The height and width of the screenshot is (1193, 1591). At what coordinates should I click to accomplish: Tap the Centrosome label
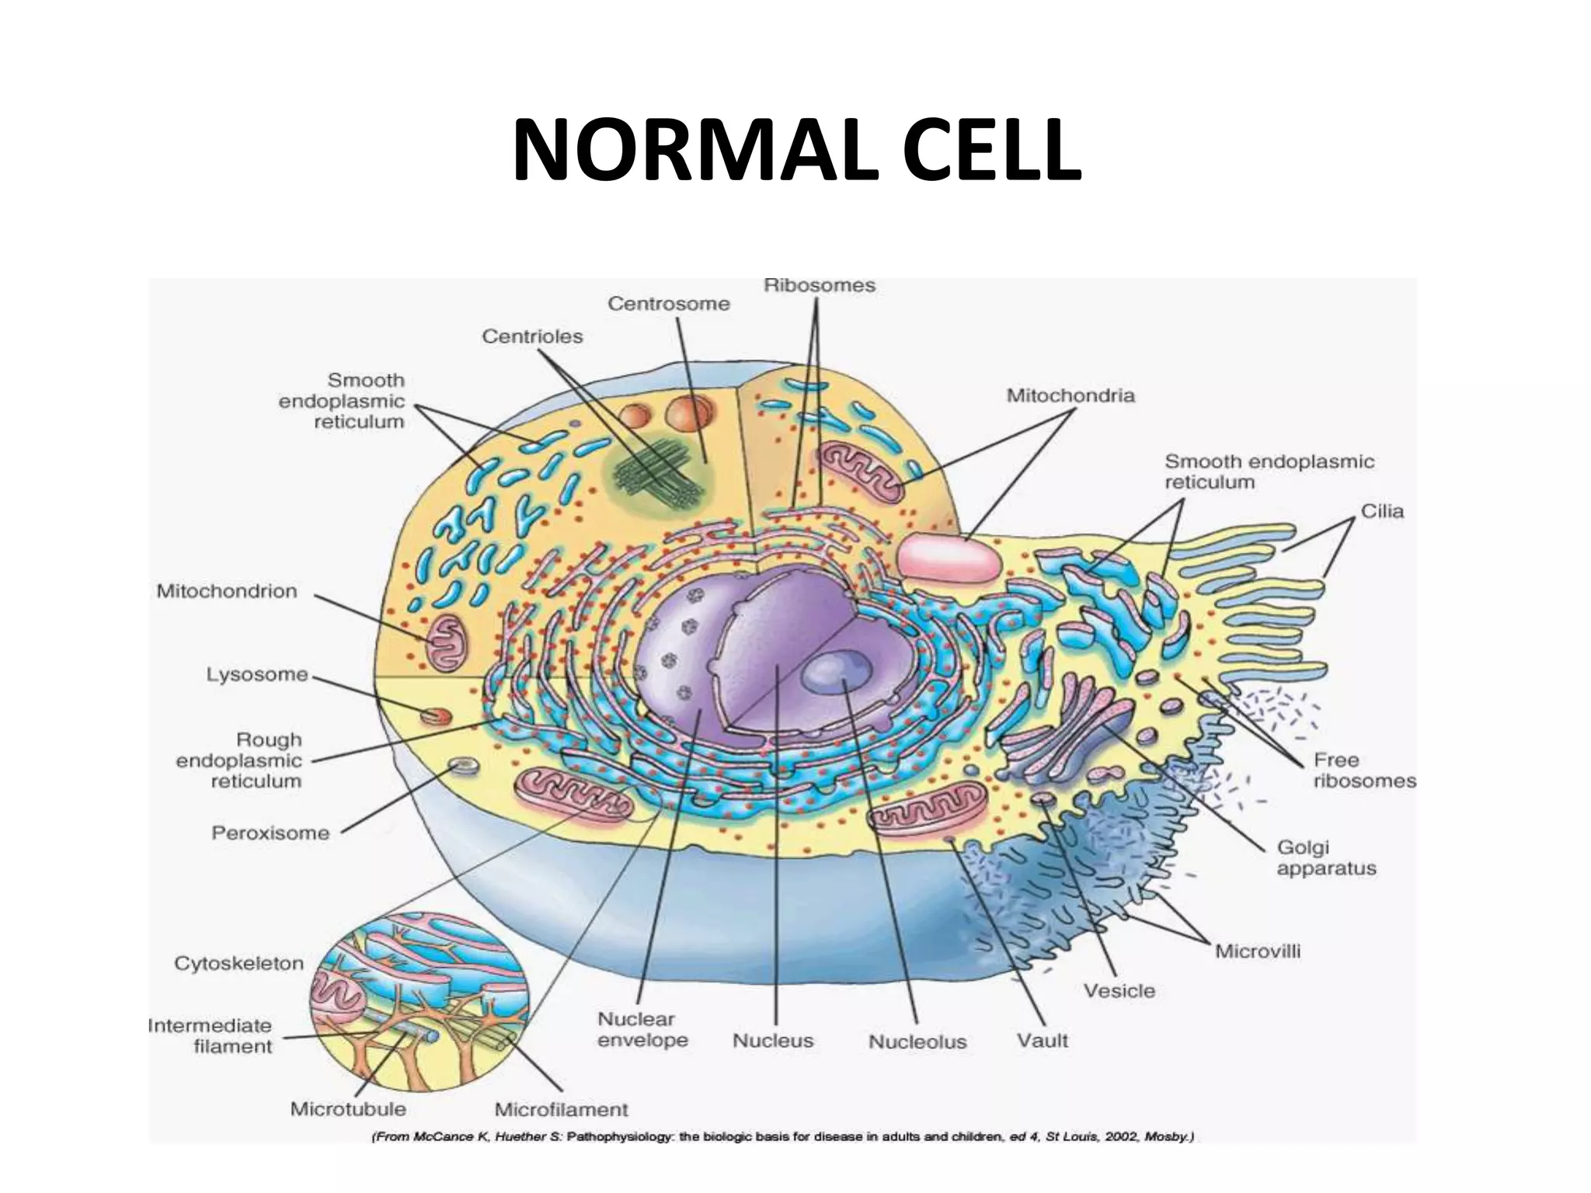tap(668, 303)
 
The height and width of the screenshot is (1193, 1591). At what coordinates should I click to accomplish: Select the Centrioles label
tap(532, 336)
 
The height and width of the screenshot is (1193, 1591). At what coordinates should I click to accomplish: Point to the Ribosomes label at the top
tap(820, 285)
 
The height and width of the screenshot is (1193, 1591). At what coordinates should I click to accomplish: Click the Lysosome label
tap(257, 674)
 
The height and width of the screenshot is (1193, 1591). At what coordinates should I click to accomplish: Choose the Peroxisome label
tap(270, 833)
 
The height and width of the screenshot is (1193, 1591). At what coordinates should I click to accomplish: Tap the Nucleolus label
tap(917, 1042)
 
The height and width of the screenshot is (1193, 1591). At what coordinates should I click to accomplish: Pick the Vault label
tap(1043, 1040)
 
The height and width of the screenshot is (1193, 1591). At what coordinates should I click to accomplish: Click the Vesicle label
tap(1119, 990)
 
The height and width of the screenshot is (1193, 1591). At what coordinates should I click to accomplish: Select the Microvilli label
tap(1258, 951)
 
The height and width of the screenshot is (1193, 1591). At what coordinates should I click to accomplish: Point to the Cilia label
tap(1382, 511)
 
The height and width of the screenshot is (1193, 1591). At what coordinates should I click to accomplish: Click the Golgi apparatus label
tap(1326, 857)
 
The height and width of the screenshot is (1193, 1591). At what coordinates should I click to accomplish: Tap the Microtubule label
tap(348, 1108)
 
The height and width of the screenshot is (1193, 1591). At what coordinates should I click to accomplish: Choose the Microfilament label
tap(561, 1109)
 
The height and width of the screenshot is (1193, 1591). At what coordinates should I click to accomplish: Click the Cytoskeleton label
tap(238, 963)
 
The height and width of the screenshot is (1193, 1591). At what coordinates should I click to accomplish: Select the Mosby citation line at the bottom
tap(783, 1138)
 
